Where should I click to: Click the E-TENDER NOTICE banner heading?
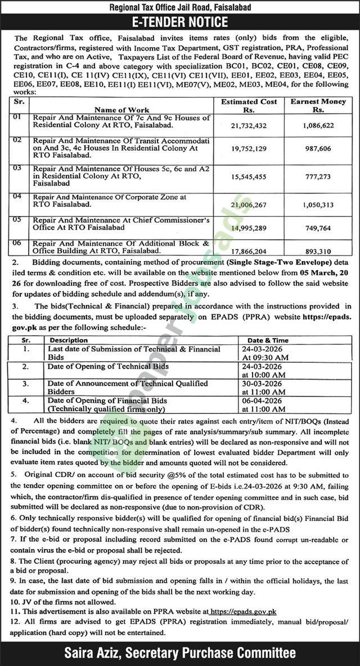point(180,22)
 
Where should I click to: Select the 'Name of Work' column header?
point(122,110)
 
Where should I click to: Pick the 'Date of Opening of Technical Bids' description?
point(109,367)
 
